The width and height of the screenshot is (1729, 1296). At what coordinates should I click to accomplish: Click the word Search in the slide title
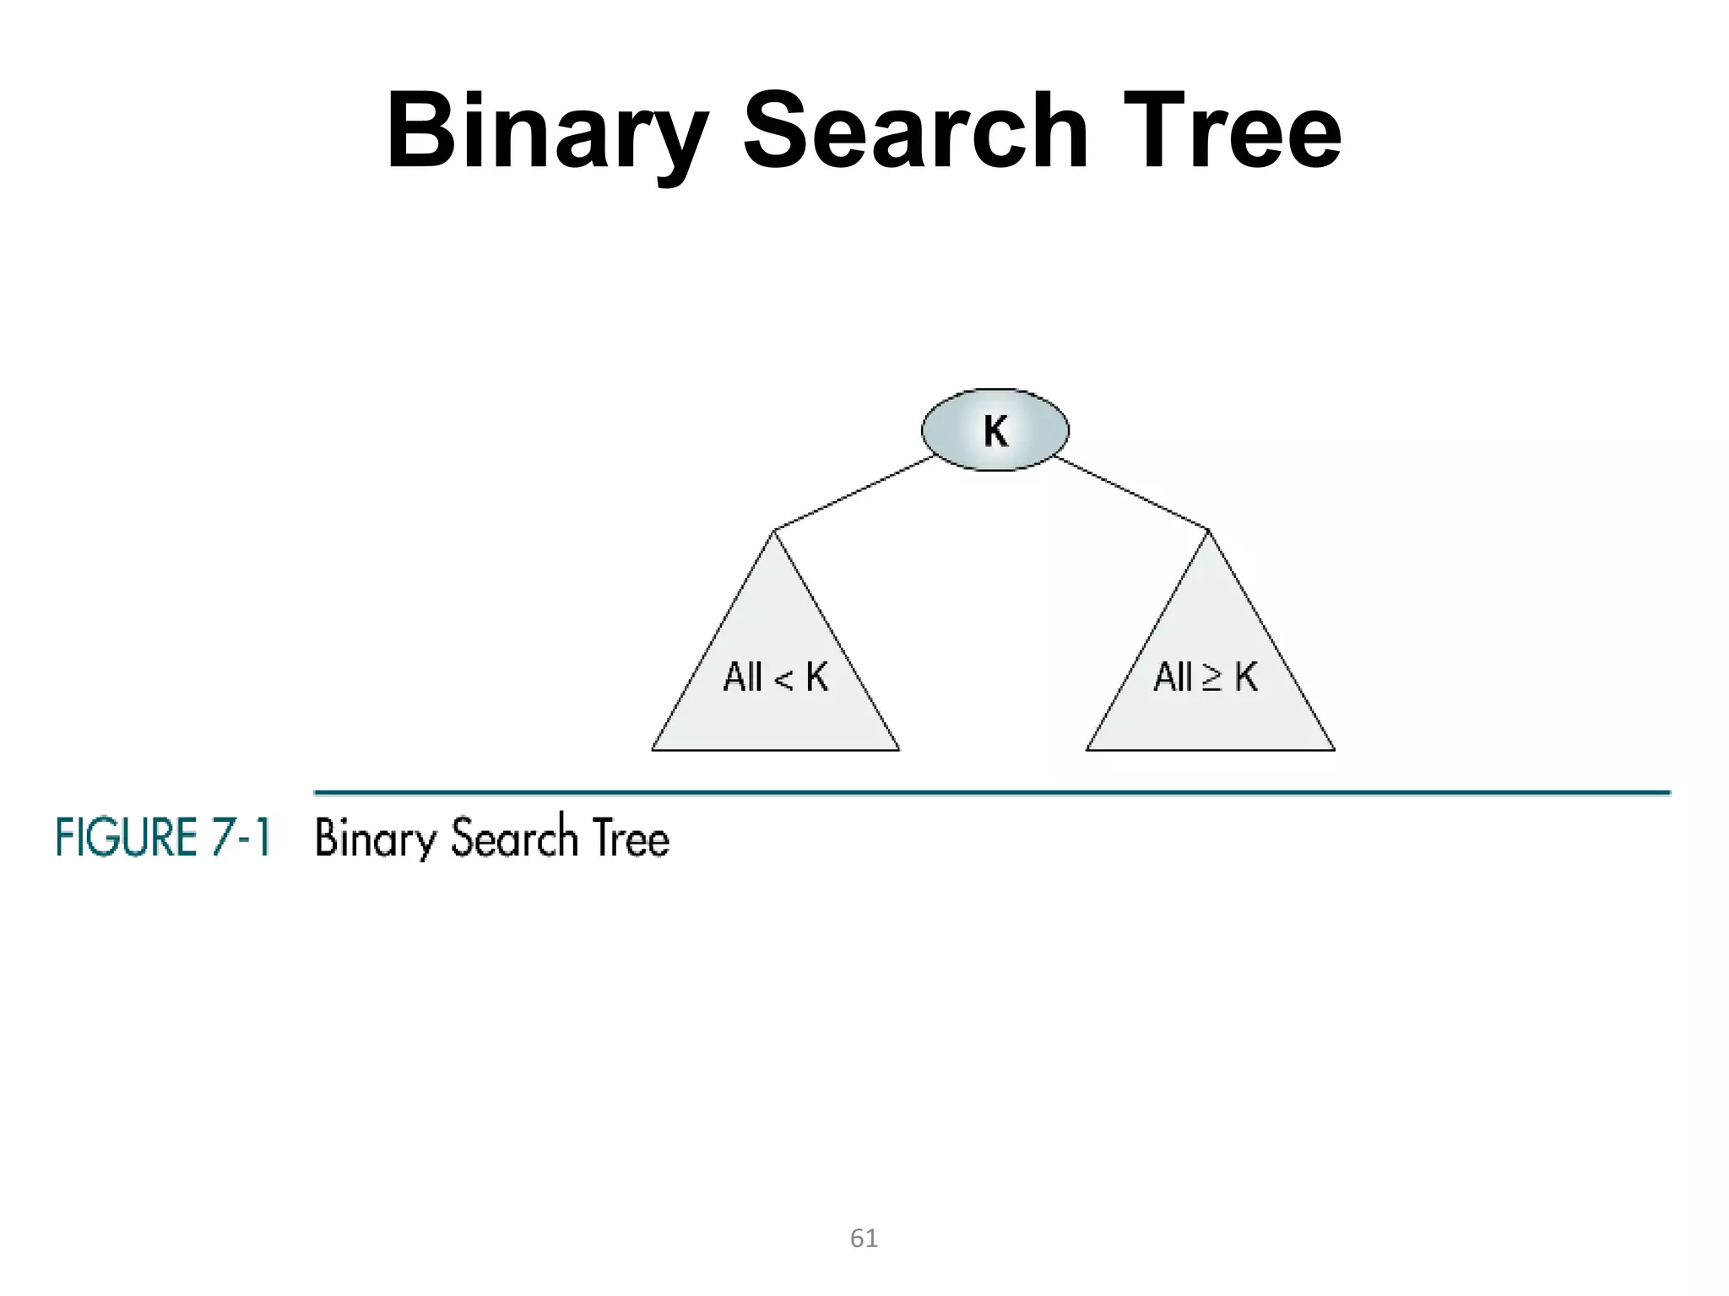click(915, 131)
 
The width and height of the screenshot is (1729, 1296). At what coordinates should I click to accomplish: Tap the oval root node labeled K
click(995, 430)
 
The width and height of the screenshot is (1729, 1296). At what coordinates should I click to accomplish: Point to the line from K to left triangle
click(853, 494)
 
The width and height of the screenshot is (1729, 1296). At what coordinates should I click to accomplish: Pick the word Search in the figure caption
click(513, 838)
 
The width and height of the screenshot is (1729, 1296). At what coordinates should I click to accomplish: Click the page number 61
click(864, 1239)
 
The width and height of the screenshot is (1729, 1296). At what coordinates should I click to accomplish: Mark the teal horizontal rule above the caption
click(992, 792)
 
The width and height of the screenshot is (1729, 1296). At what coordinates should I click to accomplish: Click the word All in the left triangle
click(742, 677)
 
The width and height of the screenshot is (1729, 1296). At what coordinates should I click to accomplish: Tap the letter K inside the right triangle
click(1246, 677)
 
